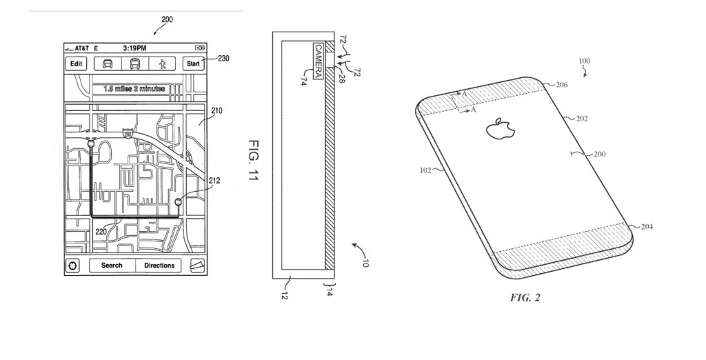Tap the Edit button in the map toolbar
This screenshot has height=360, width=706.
(x=77, y=64)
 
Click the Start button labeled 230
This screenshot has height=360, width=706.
(x=194, y=64)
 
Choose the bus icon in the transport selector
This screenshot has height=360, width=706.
(x=135, y=64)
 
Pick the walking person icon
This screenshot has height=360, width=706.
(x=162, y=64)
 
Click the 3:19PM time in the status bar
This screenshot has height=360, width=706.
(x=135, y=48)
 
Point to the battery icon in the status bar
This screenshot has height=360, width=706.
(x=200, y=48)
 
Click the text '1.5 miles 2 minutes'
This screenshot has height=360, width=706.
(x=135, y=89)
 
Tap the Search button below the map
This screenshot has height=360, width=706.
(x=112, y=266)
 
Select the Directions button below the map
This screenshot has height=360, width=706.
(x=159, y=266)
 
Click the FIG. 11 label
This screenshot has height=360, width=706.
(x=252, y=159)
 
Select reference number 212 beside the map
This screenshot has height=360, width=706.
(x=214, y=181)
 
